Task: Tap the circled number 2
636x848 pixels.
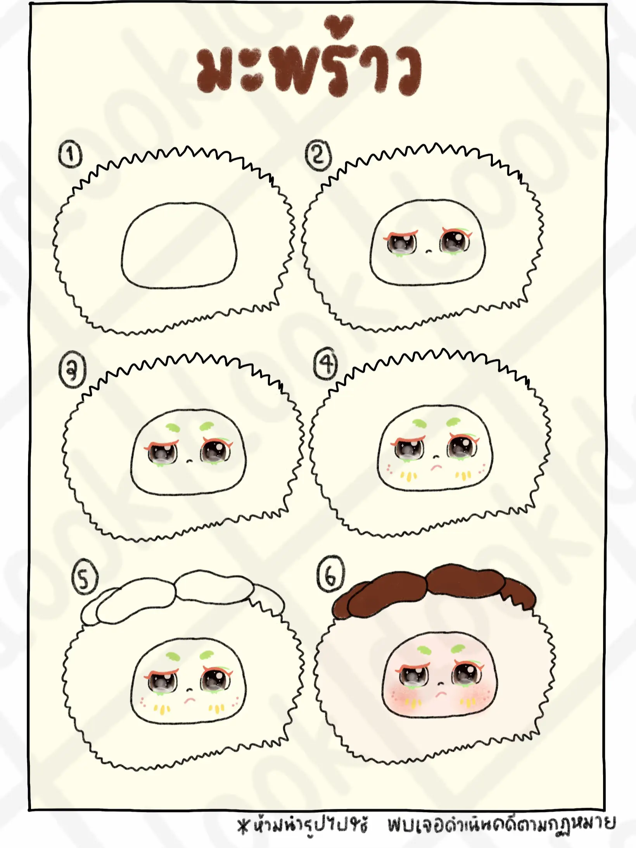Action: tap(318, 156)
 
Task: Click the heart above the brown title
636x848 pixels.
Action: tap(340, 26)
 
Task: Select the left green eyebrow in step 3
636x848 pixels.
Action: tap(172, 428)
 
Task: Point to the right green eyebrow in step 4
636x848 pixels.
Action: tap(454, 421)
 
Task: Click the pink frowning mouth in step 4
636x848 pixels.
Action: tap(436, 466)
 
